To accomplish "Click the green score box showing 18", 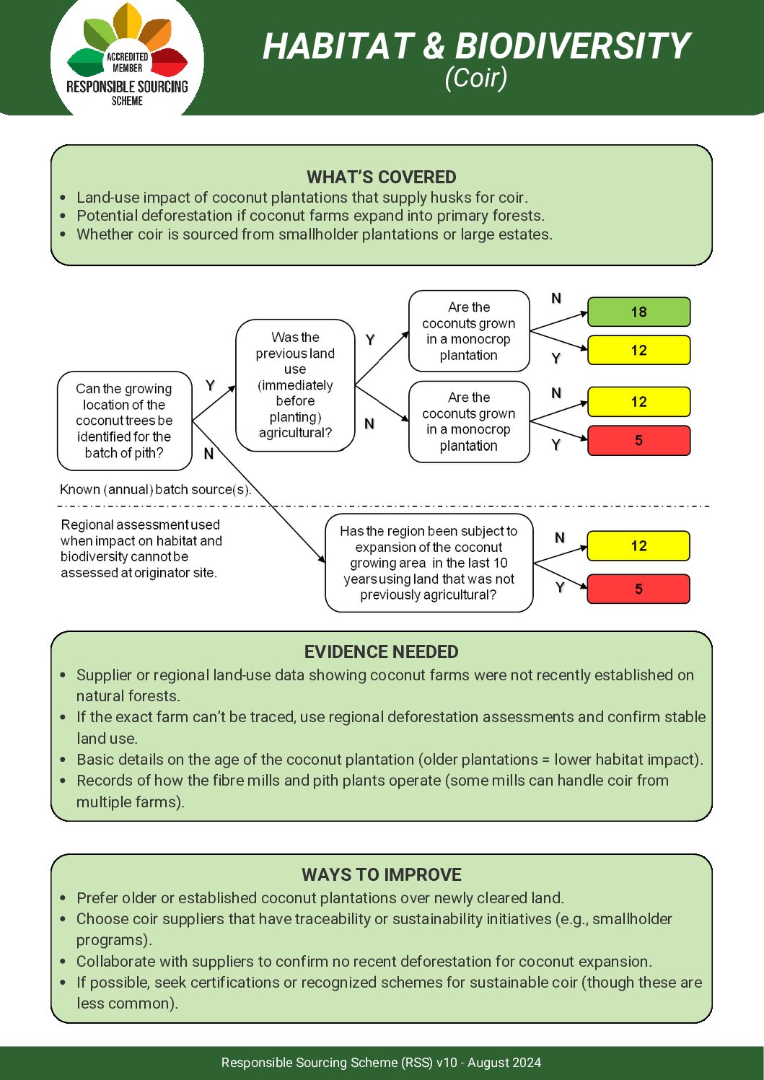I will pyautogui.click(x=638, y=312).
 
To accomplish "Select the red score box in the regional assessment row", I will pyautogui.click(x=638, y=589).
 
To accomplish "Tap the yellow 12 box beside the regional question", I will pyautogui.click(x=638, y=545).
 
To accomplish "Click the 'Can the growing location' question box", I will pyautogui.click(x=124, y=421).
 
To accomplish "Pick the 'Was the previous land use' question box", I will pyautogui.click(x=295, y=385).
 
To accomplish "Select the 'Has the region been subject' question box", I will pyautogui.click(x=429, y=563).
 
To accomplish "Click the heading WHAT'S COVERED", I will pyautogui.click(x=381, y=177).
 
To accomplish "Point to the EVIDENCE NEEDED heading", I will pyautogui.click(x=381, y=651).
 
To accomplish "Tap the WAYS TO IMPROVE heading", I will pyautogui.click(x=381, y=874).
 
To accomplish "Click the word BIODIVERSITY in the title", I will pyautogui.click(x=573, y=46).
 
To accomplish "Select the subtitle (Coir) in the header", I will pyautogui.click(x=475, y=77).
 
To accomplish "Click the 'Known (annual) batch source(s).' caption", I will pyautogui.click(x=155, y=489).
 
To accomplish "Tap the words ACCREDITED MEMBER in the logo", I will pyautogui.click(x=128, y=62).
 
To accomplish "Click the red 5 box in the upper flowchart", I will pyautogui.click(x=638, y=440).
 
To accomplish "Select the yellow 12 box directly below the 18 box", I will pyautogui.click(x=638, y=350).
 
